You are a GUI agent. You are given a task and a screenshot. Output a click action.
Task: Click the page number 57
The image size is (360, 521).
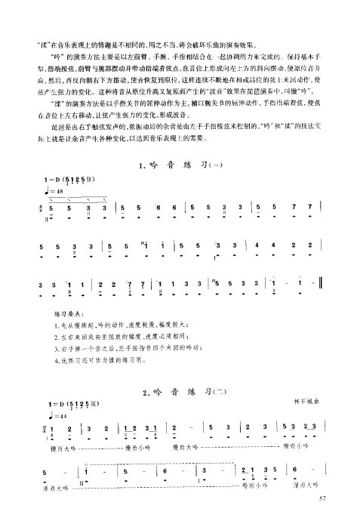pyautogui.click(x=322, y=498)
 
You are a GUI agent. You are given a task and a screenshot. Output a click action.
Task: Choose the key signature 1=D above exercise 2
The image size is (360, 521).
pyautogui.click(x=54, y=405)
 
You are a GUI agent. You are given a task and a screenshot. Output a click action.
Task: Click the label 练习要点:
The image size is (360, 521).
pyautogui.click(x=69, y=311)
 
